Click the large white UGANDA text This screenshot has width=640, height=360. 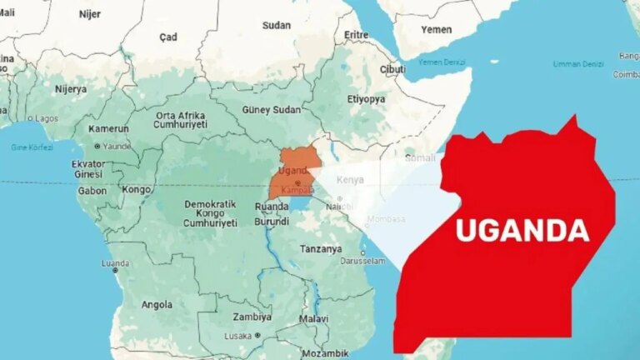(522, 229)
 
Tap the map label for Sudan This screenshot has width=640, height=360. (277, 25)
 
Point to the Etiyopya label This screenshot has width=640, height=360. (366, 98)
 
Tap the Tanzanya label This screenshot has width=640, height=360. (321, 248)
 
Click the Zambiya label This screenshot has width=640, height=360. (252, 317)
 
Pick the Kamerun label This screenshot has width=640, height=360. (109, 129)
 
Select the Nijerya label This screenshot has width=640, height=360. (71, 89)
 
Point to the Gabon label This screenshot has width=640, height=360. (92, 190)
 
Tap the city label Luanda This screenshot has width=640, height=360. (115, 263)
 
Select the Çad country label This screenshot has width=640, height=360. (169, 37)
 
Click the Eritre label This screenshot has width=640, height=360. (357, 35)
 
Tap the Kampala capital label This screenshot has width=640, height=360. (298, 190)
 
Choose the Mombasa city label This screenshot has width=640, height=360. (387, 219)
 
